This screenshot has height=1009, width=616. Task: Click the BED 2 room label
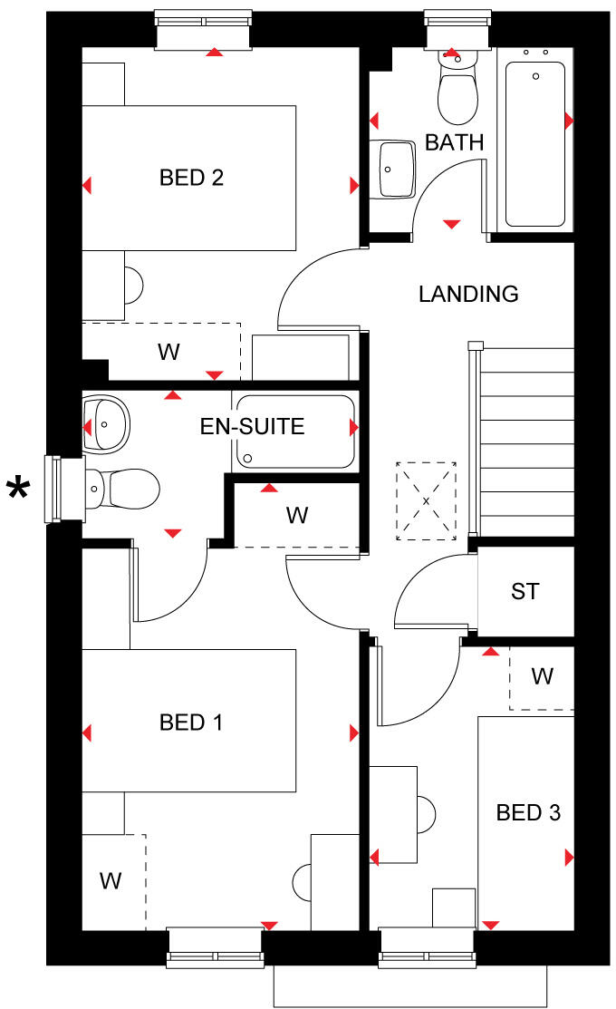point(191,178)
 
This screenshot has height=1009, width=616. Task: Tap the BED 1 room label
point(191,723)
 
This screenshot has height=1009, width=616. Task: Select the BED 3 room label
point(528,812)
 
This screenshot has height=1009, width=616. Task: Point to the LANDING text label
point(468,294)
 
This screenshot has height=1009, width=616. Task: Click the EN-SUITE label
point(253,425)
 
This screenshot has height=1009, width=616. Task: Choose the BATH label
point(455,142)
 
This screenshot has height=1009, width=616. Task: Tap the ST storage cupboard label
point(525,592)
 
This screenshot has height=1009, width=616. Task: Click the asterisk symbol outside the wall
point(17,490)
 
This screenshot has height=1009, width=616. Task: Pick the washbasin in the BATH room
point(395,168)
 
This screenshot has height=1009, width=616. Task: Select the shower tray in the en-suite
point(294,432)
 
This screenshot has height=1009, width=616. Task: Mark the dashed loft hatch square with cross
point(426,501)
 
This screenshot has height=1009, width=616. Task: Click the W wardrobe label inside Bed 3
point(542,676)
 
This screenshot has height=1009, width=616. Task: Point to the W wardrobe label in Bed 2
point(168,352)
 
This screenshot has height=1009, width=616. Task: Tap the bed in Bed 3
point(525,820)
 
